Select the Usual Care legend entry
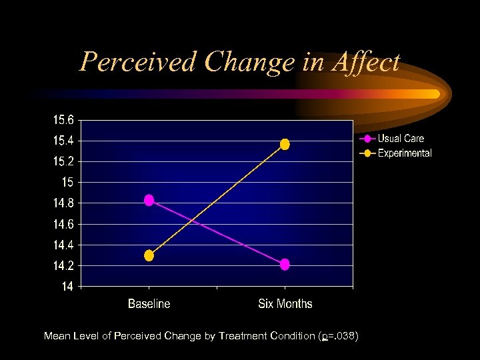400,139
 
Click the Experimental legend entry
404,153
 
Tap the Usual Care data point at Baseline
149,200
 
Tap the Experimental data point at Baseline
149,255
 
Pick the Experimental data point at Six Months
285,144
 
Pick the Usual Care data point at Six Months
285,265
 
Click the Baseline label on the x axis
149,304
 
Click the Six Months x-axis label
285,304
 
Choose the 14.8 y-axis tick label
63,203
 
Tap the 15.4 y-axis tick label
63,141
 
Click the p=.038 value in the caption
341,336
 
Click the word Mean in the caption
57,336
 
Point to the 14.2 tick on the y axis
63,265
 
